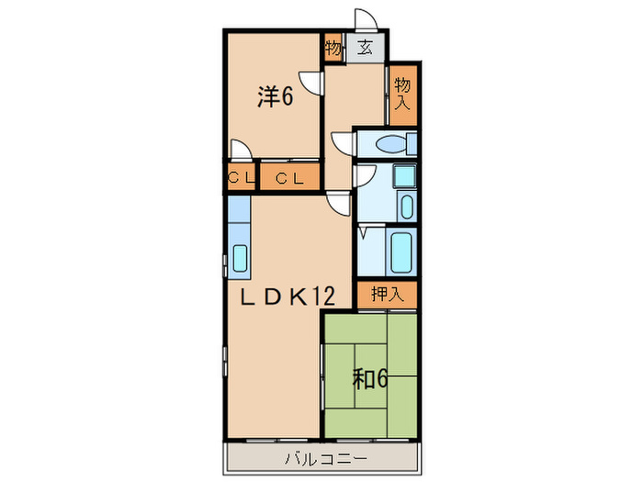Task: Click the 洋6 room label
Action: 274,96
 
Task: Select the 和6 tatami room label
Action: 372,376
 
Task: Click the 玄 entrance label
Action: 365,48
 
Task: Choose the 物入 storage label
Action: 401,95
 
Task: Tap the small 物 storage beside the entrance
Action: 333,48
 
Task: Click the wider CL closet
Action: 290,177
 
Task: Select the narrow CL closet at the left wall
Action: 242,177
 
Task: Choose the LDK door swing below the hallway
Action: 338,206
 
